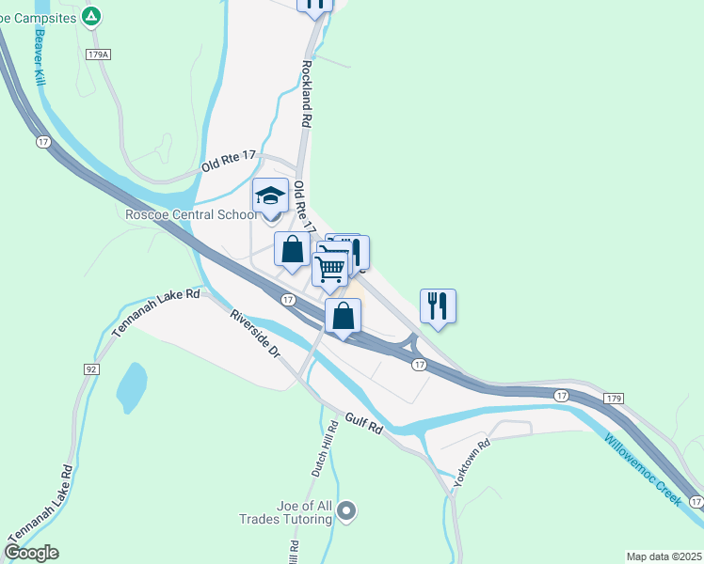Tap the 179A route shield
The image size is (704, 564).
tap(98, 55)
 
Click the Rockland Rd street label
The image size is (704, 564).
tap(307, 94)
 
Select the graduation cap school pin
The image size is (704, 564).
tap(271, 197)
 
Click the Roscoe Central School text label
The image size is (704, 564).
tap(192, 214)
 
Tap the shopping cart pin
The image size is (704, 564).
tap(329, 268)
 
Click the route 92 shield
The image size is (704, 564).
tap(91, 369)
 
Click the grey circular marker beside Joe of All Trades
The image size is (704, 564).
tap(347, 511)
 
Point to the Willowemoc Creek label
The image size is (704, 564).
tap(642, 467)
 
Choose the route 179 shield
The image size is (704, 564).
tap(613, 399)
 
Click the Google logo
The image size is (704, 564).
tap(31, 552)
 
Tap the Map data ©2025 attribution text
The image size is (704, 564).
tap(663, 556)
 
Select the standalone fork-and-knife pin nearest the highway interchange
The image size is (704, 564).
tap(438, 305)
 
